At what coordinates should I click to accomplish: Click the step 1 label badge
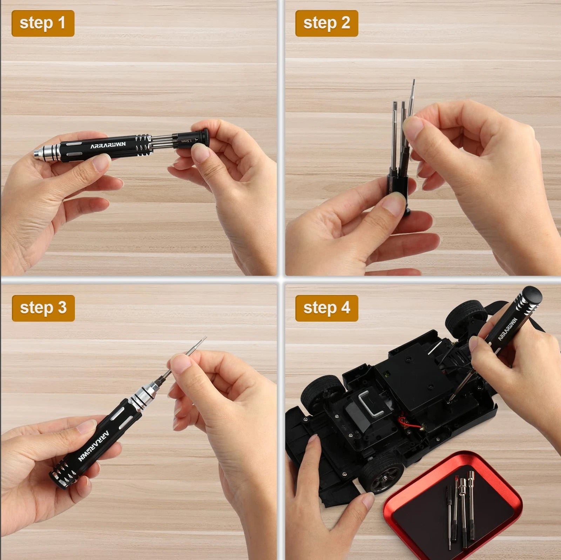point(43,23)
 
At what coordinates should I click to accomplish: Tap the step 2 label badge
point(326,23)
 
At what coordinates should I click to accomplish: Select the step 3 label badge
point(43,308)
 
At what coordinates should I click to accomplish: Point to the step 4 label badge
point(326,308)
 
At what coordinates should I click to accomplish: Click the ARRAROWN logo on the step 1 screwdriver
point(108,145)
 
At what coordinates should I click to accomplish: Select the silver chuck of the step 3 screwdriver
point(142,397)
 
